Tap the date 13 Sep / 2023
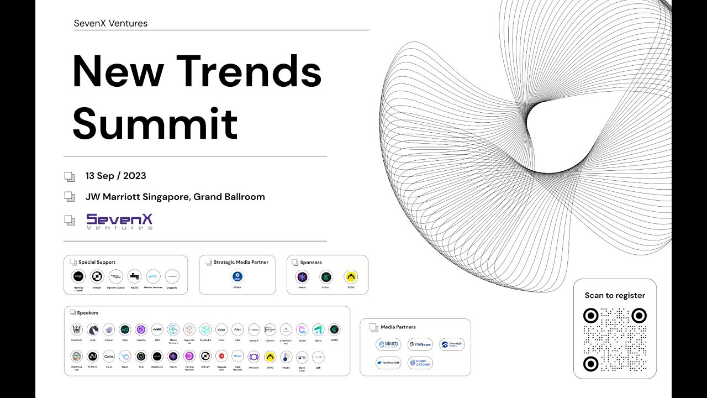tap(115, 176)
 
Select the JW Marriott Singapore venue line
tap(175, 197)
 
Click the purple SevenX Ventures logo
tap(119, 221)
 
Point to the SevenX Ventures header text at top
tap(110, 23)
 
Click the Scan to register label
tap(615, 295)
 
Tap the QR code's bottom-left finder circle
tap(590, 364)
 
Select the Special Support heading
tap(97, 263)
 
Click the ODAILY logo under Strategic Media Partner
tap(238, 277)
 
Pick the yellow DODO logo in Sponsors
tap(351, 277)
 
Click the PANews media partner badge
tap(420, 344)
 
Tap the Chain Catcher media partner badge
tap(420, 363)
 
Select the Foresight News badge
tap(452, 344)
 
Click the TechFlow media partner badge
tap(388, 363)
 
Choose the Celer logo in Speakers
tap(221, 330)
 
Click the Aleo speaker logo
tap(238, 330)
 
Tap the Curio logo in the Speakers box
tap(109, 357)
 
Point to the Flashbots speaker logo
tap(77, 330)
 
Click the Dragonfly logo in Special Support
tap(172, 276)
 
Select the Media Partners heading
tap(398, 327)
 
